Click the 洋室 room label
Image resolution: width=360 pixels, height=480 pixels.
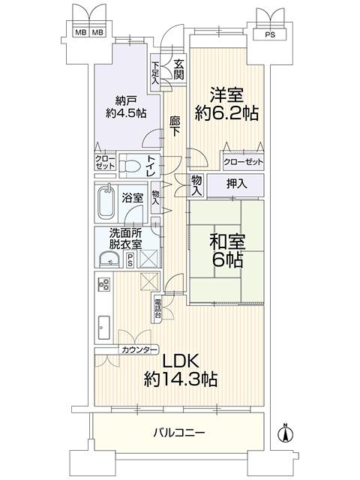tap(226, 95)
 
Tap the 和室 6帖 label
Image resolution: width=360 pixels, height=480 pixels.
tap(227, 251)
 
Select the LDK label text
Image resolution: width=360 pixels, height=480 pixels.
tap(181, 361)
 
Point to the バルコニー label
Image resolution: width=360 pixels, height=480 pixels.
tap(178, 433)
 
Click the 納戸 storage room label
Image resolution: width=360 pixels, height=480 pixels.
tap(126, 100)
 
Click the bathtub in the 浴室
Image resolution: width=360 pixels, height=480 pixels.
tap(106, 202)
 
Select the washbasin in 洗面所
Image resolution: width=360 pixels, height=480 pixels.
tap(110, 259)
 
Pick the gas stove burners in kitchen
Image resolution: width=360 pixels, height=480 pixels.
tap(103, 284)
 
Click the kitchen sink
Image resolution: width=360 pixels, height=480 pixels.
tap(104, 327)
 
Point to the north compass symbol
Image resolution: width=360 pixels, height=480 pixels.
tap(285, 433)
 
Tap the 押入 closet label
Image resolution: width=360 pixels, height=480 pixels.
tap(237, 184)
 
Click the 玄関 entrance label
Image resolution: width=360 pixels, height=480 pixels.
tap(178, 70)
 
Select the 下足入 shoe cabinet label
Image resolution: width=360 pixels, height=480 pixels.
tap(155, 73)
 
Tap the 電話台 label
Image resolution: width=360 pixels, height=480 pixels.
tap(157, 308)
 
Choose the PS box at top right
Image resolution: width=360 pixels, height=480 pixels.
tap(270, 34)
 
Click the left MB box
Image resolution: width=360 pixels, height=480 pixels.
tap(81, 31)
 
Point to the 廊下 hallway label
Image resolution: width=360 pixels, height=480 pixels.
tap(175, 126)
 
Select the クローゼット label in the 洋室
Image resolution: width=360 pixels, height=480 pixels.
tap(243, 162)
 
